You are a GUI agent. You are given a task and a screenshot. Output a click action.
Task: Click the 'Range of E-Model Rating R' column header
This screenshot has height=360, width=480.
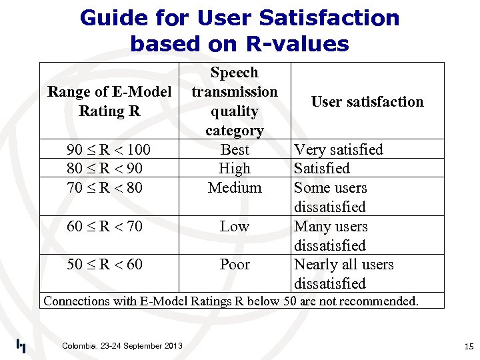pos(109,101)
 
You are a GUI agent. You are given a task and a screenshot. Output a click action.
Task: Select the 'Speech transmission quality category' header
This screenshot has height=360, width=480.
pos(234,101)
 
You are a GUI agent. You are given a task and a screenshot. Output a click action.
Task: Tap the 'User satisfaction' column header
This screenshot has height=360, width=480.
pos(367,101)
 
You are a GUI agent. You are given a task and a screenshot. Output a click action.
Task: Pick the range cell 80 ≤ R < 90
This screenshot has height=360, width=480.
pos(105,168)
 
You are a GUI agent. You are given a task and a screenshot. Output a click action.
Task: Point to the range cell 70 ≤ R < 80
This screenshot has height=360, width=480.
pos(105,187)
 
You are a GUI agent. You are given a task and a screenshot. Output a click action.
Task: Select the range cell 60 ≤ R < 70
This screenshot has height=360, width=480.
pos(105,226)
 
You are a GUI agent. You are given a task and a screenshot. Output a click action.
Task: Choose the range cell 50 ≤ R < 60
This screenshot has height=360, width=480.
pos(105,264)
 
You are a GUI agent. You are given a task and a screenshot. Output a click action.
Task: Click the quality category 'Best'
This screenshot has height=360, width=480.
pos(235,149)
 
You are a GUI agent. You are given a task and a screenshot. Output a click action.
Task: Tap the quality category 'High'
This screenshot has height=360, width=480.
pos(235,168)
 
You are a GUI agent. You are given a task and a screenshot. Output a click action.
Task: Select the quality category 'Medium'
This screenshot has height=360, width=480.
pos(235,187)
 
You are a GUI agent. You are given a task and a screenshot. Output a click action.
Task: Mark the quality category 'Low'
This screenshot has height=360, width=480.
pos(235,226)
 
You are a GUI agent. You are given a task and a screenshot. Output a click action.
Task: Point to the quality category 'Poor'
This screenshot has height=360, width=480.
pos(235,264)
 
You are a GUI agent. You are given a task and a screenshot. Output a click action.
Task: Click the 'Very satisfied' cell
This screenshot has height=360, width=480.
pos(339,149)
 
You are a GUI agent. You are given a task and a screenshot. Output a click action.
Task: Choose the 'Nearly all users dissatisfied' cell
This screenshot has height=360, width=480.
pos(343,273)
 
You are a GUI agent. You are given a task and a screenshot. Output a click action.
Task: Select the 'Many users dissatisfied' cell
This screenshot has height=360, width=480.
pos(331,235)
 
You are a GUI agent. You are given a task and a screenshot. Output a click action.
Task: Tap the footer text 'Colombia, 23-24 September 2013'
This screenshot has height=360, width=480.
pos(122,345)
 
